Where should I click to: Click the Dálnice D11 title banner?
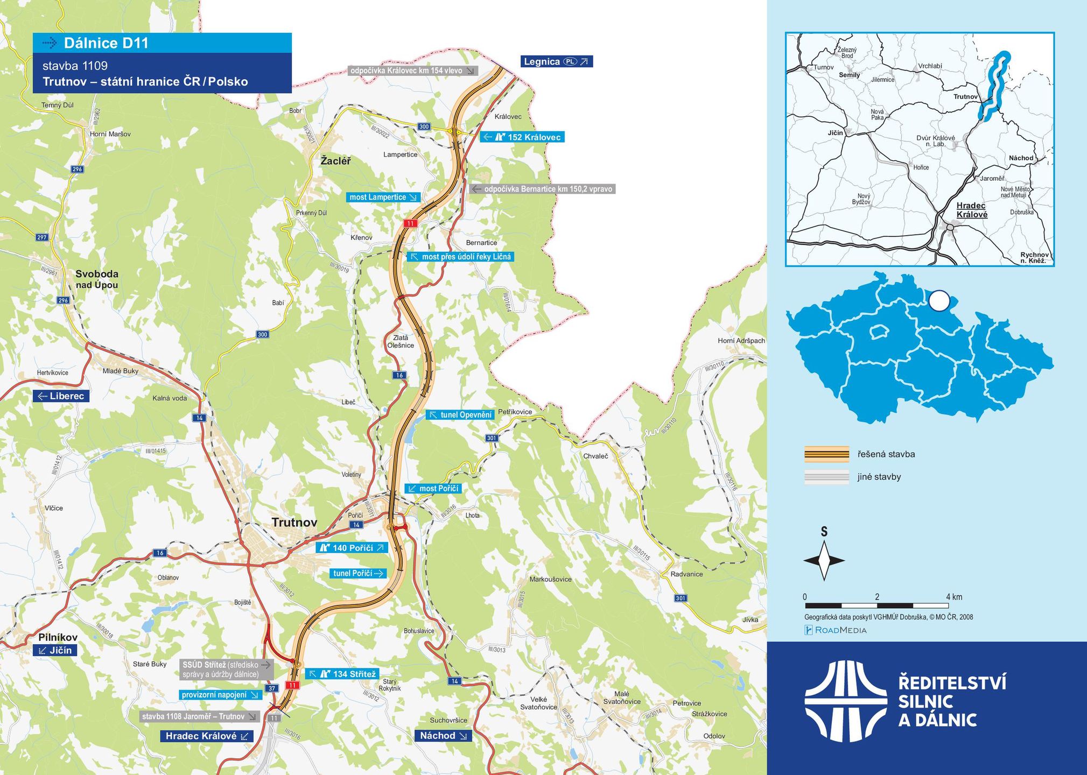[x=162, y=43]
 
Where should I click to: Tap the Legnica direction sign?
[x=557, y=61]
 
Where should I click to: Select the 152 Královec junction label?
[x=522, y=137]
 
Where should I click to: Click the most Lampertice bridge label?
[x=383, y=197]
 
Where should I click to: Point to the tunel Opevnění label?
[x=460, y=414]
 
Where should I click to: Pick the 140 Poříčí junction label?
[x=352, y=548]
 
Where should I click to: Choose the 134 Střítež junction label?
[x=342, y=674]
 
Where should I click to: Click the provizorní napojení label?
[x=220, y=695]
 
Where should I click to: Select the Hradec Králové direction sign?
[x=207, y=736]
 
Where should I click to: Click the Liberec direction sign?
[x=61, y=396]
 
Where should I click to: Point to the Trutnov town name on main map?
[x=294, y=522]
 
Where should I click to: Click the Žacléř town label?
[x=335, y=160]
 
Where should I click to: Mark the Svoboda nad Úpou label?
[x=96, y=279]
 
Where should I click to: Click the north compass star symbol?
[x=824, y=561]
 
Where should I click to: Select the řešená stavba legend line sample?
[x=826, y=454]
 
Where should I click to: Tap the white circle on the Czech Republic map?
[x=939, y=301]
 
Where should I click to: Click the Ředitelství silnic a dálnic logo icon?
[x=845, y=702]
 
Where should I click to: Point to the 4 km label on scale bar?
[x=953, y=597]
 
